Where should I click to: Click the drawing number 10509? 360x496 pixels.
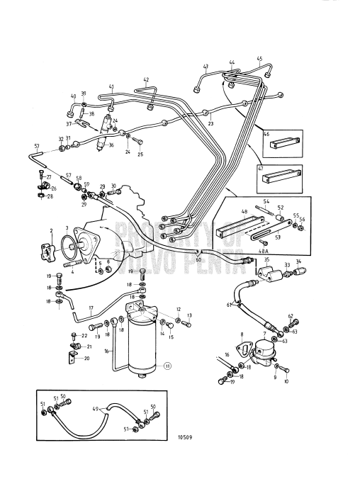183,437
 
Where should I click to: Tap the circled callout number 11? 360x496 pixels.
167,366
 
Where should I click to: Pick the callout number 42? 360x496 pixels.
146,80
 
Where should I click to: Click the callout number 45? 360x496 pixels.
259,58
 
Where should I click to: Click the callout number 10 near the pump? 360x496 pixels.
287,381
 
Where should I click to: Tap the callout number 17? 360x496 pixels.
91,309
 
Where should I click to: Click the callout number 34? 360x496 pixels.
297,261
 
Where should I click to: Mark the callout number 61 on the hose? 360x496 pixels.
229,305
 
